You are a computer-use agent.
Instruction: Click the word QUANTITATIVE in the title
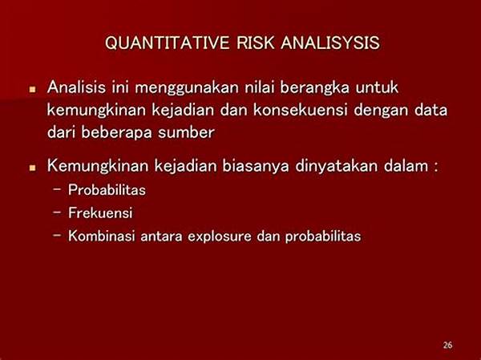tap(168, 42)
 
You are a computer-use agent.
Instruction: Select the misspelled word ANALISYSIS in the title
tap(330, 42)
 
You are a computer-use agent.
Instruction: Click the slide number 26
tap(447, 345)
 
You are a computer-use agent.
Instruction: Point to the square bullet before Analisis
tap(33, 90)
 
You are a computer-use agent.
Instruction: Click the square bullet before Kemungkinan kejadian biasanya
tap(33, 168)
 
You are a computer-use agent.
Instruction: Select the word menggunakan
tap(187, 88)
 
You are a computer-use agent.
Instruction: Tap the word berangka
tap(314, 88)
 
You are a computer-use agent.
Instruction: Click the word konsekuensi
tap(301, 110)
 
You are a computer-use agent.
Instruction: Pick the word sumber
tap(186, 132)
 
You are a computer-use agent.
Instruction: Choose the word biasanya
tap(256, 167)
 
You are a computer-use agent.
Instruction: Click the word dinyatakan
tap(337, 167)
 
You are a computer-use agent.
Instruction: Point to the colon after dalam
tap(435, 168)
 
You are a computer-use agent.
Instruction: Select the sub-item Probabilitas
tap(107, 190)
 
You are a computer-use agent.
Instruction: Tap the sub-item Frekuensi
tap(100, 212)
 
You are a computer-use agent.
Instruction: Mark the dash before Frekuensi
tap(57, 212)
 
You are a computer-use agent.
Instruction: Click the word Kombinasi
tap(102, 236)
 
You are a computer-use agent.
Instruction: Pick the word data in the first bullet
tap(431, 110)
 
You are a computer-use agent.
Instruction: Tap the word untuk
tap(377, 87)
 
